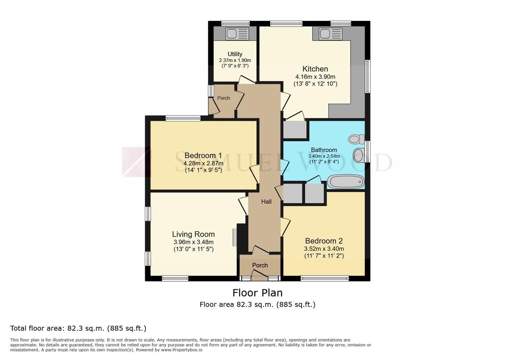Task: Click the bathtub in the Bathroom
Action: [x=346, y=182]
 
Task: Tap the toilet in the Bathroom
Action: [x=356, y=139]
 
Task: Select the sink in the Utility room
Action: [x=237, y=34]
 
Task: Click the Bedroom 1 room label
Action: [x=203, y=156]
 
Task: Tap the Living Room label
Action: [x=193, y=234]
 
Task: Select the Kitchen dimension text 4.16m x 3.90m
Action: [x=315, y=77]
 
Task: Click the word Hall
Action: [x=267, y=202]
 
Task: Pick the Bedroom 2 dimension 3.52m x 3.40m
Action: [x=324, y=249]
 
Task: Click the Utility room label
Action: [x=235, y=54]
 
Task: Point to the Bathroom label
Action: [x=324, y=150]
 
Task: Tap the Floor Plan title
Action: [x=257, y=293]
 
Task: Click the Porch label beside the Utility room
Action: [x=224, y=98]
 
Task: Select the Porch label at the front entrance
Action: [x=260, y=265]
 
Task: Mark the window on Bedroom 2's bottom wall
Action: [x=325, y=278]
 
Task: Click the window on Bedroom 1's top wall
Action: [x=183, y=118]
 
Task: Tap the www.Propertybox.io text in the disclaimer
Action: [x=182, y=350]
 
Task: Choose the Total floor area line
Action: [x=78, y=329]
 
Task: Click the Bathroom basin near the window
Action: [x=359, y=155]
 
